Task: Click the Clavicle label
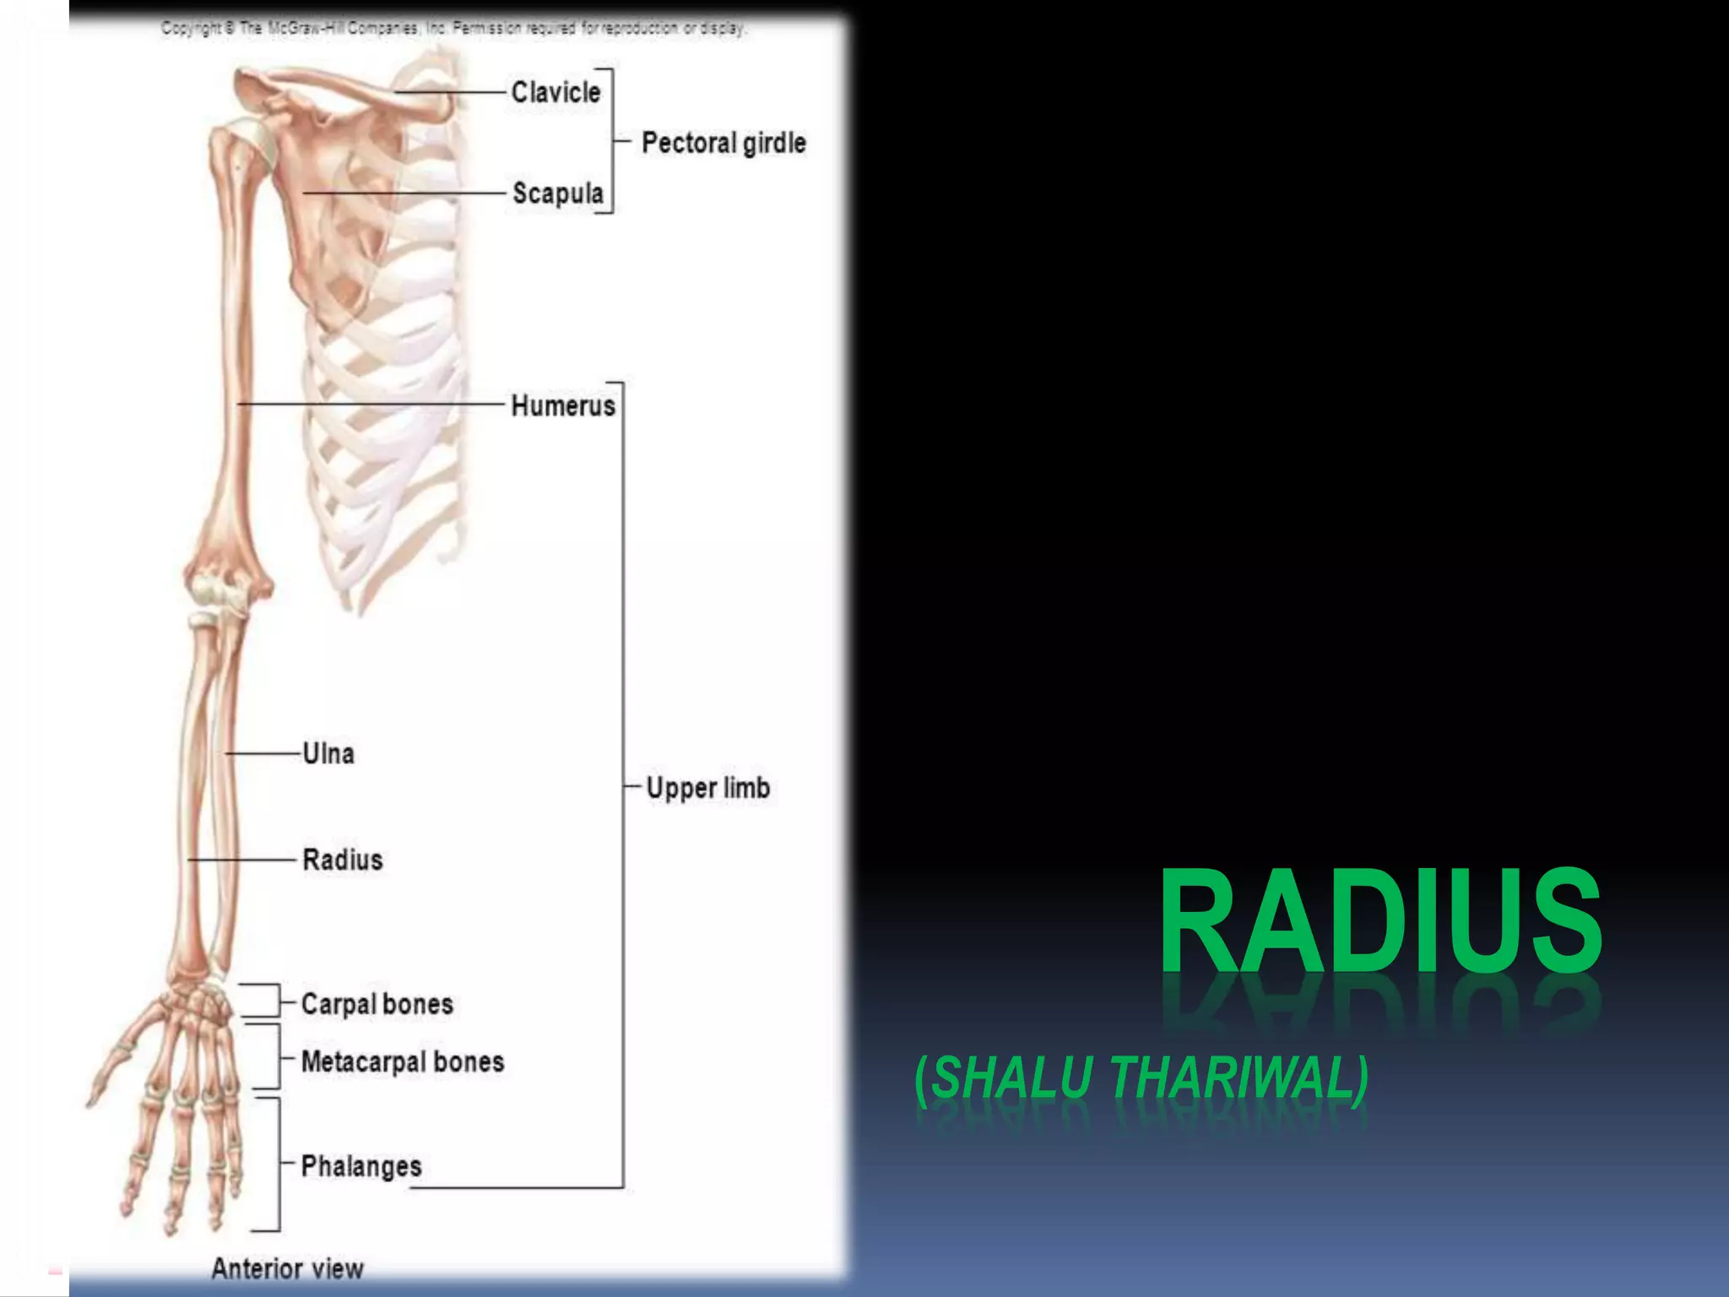556,92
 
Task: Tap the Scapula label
558,193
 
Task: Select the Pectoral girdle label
724,143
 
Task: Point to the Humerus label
563,405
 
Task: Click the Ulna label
328,753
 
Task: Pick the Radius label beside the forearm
343,860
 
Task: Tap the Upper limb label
708,788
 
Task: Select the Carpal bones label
377,1004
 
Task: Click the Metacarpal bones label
403,1061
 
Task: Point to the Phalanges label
361,1166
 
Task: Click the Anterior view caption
287,1268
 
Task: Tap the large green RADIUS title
1380,922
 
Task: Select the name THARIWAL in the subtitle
1238,1078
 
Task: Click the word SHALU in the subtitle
1011,1078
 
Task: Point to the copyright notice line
453,29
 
